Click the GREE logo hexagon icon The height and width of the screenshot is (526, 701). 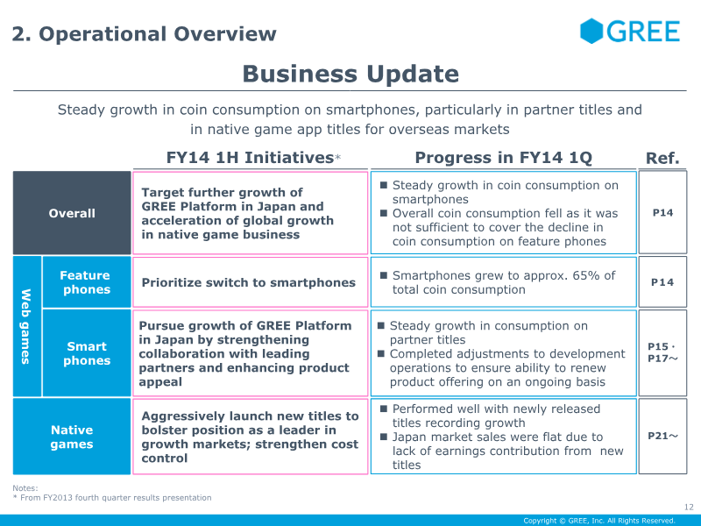(591, 32)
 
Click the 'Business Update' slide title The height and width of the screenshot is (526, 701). (350, 74)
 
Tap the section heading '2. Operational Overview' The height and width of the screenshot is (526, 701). (144, 35)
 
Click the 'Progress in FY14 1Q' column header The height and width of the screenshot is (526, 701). (503, 158)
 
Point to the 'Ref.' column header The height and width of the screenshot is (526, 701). (662, 158)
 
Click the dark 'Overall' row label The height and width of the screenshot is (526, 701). (72, 213)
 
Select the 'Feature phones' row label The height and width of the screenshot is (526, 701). (85, 282)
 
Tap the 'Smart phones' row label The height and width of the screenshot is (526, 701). (86, 353)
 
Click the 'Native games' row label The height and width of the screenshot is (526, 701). (72, 437)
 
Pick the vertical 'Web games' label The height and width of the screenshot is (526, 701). (26, 326)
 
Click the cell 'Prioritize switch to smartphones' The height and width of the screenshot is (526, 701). (248, 282)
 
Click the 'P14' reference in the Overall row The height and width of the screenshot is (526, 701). (662, 213)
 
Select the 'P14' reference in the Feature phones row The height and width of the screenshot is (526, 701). (662, 282)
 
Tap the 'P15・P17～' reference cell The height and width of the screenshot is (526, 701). (662, 352)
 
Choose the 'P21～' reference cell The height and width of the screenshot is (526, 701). (662, 436)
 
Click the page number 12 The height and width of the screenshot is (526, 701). (688, 507)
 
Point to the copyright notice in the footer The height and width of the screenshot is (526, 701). (598, 521)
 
